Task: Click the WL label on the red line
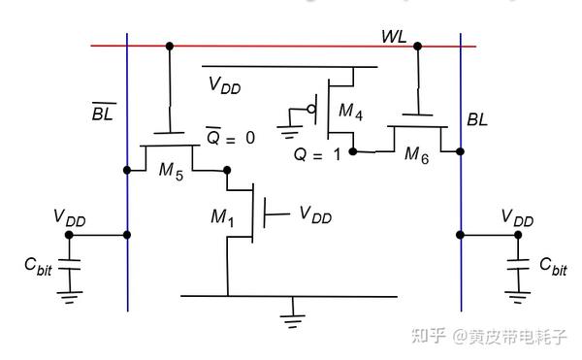[x=393, y=36]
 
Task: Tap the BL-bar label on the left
[x=102, y=115]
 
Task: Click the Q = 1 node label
[x=321, y=152]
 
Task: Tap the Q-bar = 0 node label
[x=230, y=138]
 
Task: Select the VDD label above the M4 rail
[x=225, y=84]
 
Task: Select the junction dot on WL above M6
[x=417, y=45]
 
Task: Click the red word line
[x=291, y=45]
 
